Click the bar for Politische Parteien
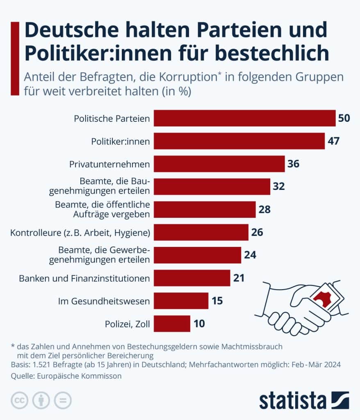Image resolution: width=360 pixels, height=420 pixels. (244, 118)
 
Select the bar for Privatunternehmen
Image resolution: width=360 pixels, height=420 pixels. (219, 164)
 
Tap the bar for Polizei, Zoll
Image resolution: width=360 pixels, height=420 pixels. (172, 324)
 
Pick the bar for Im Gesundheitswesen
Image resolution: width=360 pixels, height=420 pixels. (181, 301)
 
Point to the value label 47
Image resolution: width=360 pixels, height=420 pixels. (334, 141)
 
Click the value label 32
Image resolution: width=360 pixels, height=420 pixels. (279, 187)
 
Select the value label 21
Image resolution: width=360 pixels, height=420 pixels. (239, 278)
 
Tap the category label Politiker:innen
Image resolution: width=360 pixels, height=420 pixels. (120, 142)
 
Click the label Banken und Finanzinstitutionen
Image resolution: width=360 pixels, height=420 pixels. (84, 278)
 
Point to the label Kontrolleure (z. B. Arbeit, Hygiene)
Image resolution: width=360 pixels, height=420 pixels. (80, 233)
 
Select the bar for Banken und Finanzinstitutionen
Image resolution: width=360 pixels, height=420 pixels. (192, 278)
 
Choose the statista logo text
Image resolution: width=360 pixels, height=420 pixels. (292, 400)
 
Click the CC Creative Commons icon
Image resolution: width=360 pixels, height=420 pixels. (19, 400)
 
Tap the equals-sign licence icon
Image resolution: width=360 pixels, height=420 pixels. (63, 400)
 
